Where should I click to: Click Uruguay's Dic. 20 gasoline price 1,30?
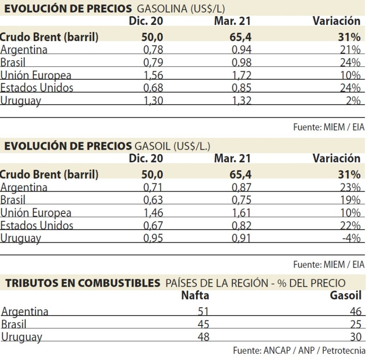153,101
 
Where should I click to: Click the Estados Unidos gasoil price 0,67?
153,226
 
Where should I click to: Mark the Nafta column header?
195,296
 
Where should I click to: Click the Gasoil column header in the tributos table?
346,296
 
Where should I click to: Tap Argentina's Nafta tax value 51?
203,312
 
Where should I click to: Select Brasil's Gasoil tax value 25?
356,324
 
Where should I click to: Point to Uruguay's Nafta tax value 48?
203,337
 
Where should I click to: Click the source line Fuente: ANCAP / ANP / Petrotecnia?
299,350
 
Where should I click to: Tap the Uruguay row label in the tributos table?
22,337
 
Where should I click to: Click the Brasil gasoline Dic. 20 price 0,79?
153,62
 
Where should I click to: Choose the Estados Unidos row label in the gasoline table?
37,88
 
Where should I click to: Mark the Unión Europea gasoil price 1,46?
153,213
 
